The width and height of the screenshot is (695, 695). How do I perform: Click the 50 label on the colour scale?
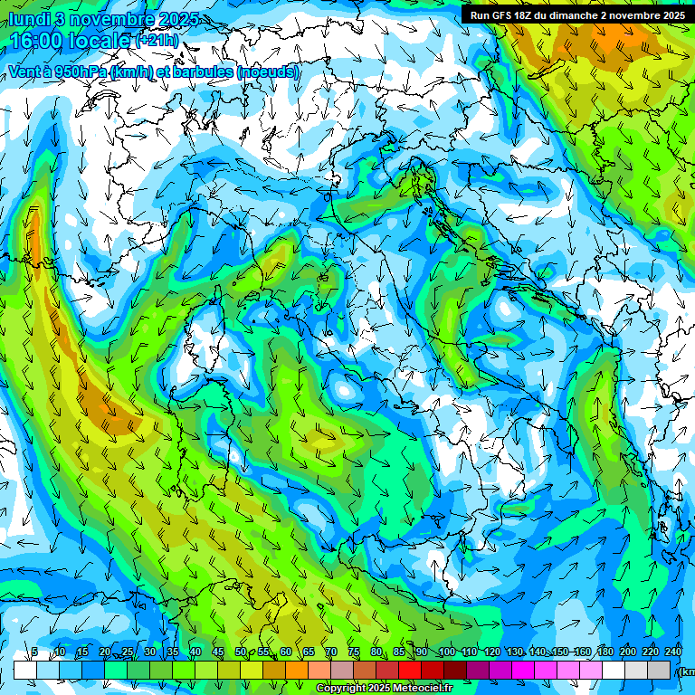[x=241, y=652]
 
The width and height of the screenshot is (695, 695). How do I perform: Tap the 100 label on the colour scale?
[x=446, y=652]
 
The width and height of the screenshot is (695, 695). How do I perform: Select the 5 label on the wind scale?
[x=34, y=652]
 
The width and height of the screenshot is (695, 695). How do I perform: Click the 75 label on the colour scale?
[x=354, y=652]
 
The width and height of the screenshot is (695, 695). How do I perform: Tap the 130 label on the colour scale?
[x=515, y=652]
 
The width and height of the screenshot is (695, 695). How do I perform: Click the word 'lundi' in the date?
[x=29, y=18]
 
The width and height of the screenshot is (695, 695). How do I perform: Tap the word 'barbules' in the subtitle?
[x=202, y=71]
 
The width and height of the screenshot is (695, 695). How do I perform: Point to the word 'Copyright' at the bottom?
[x=341, y=689]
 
